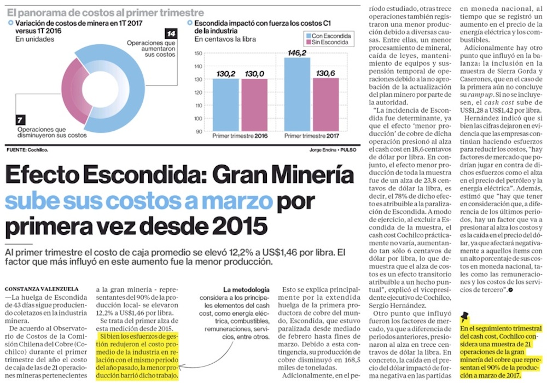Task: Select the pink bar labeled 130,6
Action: tap(325, 104)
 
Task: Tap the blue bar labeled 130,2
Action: tap(225, 104)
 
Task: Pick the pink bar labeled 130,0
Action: tap(254, 104)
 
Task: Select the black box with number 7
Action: tap(20, 119)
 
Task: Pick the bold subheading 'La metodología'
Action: tap(246, 288)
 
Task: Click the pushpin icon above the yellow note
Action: tap(465, 316)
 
